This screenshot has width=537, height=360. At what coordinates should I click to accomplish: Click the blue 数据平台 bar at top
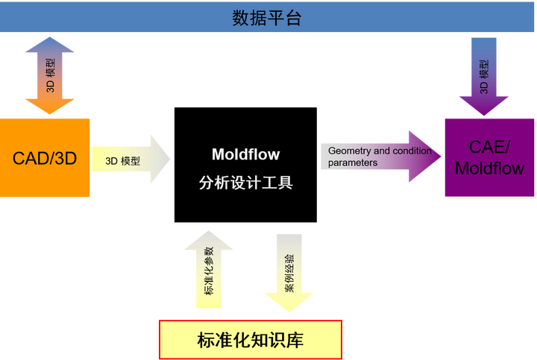pyautogui.click(x=268, y=16)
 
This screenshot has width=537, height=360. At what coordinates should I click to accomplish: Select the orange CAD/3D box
pyautogui.click(x=45, y=157)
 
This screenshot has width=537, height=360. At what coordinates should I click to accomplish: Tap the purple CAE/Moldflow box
pyautogui.click(x=489, y=157)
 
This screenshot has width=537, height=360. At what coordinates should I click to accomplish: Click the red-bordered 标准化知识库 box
pyautogui.click(x=251, y=340)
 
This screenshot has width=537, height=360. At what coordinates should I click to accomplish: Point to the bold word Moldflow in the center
pyautogui.click(x=246, y=155)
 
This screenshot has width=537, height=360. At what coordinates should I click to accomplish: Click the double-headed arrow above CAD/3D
pyautogui.click(x=50, y=75)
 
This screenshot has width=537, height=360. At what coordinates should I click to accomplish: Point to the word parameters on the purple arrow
pyautogui.click(x=353, y=162)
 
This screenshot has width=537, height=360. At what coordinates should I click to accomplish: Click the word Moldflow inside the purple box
pyautogui.click(x=489, y=168)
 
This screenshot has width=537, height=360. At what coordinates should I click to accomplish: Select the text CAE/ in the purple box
pyautogui.click(x=489, y=146)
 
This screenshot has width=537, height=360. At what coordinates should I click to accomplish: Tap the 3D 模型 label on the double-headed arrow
pyautogui.click(x=50, y=75)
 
